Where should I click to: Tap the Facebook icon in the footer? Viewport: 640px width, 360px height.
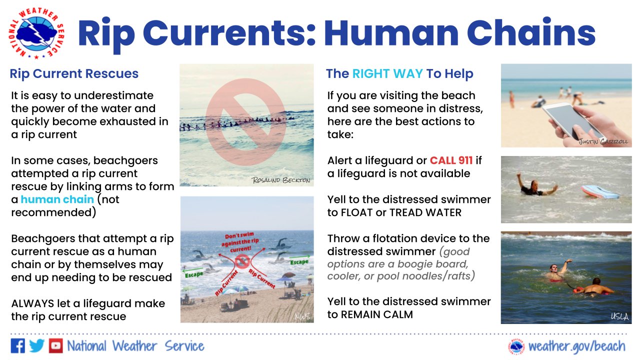(17, 346)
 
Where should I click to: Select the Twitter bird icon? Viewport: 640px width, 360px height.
(36, 346)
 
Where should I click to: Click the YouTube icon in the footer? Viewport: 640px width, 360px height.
(55, 346)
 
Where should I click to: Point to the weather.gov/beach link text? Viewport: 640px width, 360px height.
(576, 346)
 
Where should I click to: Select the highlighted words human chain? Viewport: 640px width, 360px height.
(57, 199)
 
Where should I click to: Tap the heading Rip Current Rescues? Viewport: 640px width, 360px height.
(74, 74)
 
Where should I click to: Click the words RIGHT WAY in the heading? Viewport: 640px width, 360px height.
(387, 74)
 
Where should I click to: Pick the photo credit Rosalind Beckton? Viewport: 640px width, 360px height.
(281, 179)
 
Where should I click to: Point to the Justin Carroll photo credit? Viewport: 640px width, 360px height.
(603, 141)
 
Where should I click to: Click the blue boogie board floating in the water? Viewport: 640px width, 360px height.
(600, 191)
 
